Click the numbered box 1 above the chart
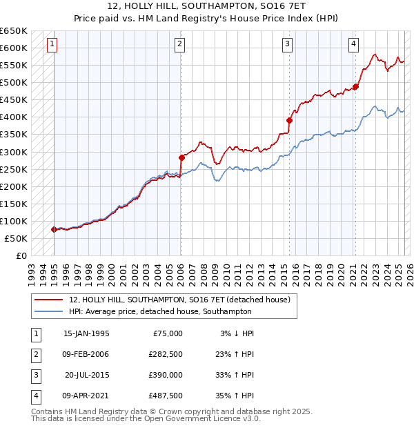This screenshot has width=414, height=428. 52,45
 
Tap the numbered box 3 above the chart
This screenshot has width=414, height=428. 287,45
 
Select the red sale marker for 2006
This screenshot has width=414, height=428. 181,157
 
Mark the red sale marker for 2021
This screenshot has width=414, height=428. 356,86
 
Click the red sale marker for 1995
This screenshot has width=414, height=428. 54,229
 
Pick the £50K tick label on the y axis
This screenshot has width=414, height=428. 16,238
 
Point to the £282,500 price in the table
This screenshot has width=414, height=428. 166,354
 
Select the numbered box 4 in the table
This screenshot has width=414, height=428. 34,396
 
